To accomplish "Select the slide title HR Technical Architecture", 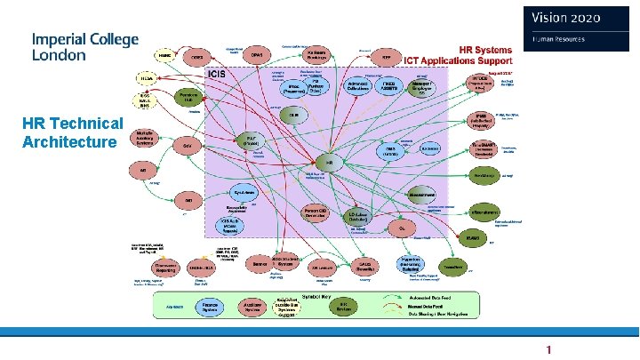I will click(73, 132).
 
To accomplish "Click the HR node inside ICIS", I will click(330, 163).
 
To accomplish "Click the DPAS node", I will click(258, 54).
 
